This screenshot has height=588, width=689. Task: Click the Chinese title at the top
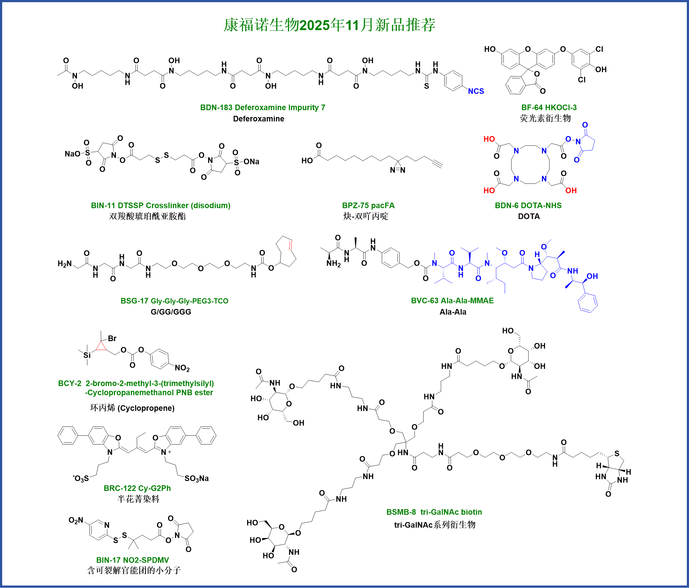pos(329,25)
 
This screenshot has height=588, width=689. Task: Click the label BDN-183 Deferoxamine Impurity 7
pos(263,108)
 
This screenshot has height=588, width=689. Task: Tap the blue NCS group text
pos(476,91)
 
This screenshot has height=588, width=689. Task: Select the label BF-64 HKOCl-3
pos(549,108)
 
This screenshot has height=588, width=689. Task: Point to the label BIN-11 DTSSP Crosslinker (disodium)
pos(160,205)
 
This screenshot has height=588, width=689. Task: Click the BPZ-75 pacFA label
pos(368,205)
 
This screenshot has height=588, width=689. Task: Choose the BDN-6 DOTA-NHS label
pos(528,205)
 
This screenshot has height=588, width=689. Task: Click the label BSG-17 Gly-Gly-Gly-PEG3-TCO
pos(174,301)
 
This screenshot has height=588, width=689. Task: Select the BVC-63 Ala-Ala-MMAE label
pos(452,301)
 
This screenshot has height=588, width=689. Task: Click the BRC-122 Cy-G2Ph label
pos(137,488)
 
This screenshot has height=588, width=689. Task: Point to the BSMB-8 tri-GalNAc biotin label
pos(434,512)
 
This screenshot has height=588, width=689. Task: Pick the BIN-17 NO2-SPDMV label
pos(132,560)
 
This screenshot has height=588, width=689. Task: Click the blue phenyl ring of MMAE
pos(588,303)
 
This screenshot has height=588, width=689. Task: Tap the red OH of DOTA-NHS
pos(571,190)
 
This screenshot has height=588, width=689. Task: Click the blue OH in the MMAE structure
pos(592,276)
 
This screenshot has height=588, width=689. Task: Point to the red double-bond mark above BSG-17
pos(291,245)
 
